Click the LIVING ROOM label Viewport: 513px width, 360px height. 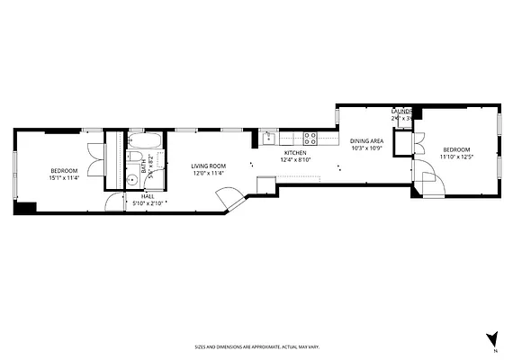(x=208, y=166)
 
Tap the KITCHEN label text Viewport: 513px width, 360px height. (x=296, y=153)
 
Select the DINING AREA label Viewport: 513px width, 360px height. (x=366, y=141)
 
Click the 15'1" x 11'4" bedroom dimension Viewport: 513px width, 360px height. (x=63, y=178)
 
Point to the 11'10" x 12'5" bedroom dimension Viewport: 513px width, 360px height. (x=456, y=157)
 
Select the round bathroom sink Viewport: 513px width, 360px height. (x=132, y=179)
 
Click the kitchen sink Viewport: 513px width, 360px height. (x=267, y=138)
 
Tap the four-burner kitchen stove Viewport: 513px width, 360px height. (x=310, y=138)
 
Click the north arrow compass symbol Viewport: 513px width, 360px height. (x=491, y=338)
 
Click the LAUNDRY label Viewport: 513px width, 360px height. (x=401, y=111)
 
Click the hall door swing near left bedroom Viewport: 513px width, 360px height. (x=112, y=202)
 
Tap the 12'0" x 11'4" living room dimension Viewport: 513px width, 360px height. (x=208, y=173)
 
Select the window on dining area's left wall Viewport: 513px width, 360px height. (x=337, y=116)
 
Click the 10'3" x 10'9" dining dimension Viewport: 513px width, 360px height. (x=366, y=148)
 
